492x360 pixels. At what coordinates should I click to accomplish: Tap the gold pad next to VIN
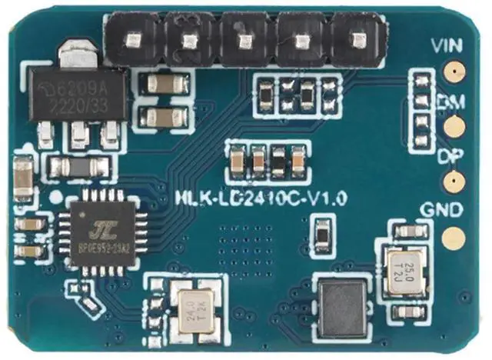[455, 73]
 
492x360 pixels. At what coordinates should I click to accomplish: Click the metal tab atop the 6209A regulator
[76, 53]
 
